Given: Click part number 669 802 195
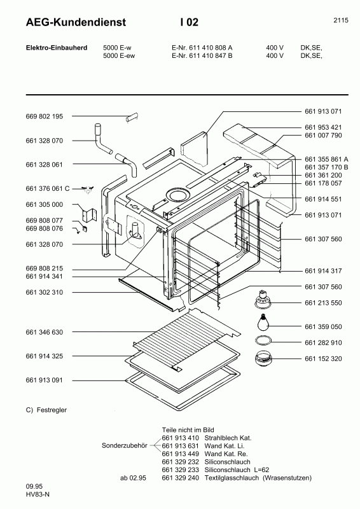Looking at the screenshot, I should click(45, 116).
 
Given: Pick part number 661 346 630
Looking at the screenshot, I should click(45, 332).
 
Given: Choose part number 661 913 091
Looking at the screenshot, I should click(45, 380).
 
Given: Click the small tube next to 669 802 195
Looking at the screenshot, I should click(132, 116).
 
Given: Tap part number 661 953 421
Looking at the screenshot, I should click(323, 127).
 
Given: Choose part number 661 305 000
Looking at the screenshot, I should click(45, 204).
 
